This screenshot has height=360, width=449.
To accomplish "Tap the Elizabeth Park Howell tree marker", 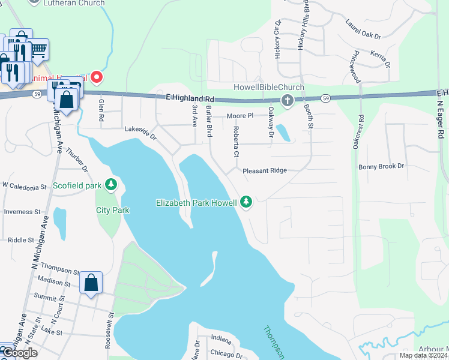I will (x=246, y=202).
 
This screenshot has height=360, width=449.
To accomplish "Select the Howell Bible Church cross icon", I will (x=288, y=100).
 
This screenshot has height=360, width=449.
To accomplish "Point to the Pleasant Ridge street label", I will (x=265, y=171).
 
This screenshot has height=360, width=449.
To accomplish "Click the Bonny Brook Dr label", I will (x=382, y=166).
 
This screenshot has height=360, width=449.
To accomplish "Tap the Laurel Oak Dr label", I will (x=363, y=30).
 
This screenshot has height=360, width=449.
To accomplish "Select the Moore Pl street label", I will (x=241, y=115).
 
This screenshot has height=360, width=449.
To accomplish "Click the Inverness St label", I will (x=22, y=212).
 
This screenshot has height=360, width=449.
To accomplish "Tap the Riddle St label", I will (x=20, y=240).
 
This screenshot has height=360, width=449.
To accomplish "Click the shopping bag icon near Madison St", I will (x=91, y=282).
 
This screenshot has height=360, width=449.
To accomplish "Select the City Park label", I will (x=113, y=210).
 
